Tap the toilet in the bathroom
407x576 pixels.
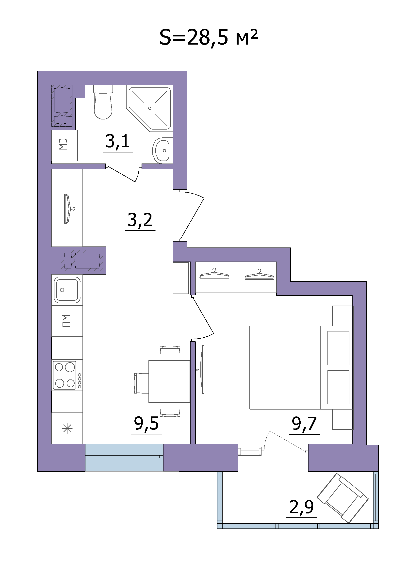(x=103, y=102)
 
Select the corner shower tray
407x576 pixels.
(x=150, y=108)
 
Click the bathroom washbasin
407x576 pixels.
(x=163, y=150)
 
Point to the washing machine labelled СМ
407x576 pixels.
(x=65, y=146)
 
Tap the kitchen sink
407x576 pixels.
(x=67, y=290)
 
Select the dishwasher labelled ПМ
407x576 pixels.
(x=67, y=321)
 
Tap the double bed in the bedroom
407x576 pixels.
(x=301, y=367)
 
